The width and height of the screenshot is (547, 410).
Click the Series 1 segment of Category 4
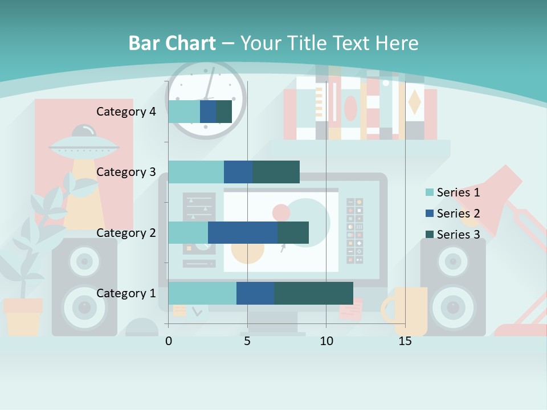pos(184,112)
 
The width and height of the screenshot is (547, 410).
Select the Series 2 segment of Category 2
pos(243,233)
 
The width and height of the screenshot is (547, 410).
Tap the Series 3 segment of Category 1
pos(313,293)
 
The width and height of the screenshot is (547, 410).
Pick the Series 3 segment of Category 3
pos(276,172)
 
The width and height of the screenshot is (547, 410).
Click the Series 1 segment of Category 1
pos(202,293)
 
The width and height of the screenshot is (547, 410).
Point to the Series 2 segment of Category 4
pos(208,112)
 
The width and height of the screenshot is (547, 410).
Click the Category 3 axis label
pos(126,172)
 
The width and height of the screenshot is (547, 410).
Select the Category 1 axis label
pos(126,293)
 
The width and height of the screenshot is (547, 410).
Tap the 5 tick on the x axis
pos(247,341)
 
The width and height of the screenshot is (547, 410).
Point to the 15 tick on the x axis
pos(405,341)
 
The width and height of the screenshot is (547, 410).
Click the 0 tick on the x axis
pos(169,341)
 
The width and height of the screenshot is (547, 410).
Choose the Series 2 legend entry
pos(458,214)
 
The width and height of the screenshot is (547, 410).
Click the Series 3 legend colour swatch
pos(430,235)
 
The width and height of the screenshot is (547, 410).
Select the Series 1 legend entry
pos(458,192)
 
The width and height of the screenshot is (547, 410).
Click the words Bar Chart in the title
pos(172,43)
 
